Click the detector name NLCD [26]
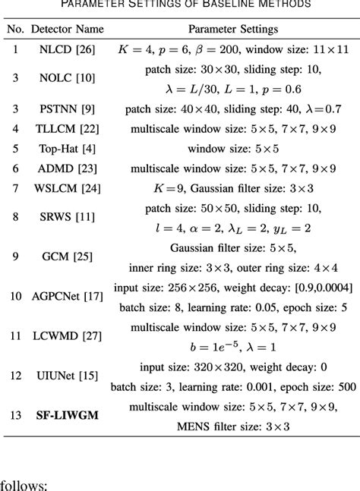[x=66, y=51]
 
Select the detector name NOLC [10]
[x=66, y=80]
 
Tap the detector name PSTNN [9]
[x=66, y=109]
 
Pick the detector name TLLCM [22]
[x=66, y=129]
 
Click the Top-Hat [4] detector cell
[x=66, y=150]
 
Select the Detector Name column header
[x=67, y=29]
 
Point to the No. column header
[x=14, y=29]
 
